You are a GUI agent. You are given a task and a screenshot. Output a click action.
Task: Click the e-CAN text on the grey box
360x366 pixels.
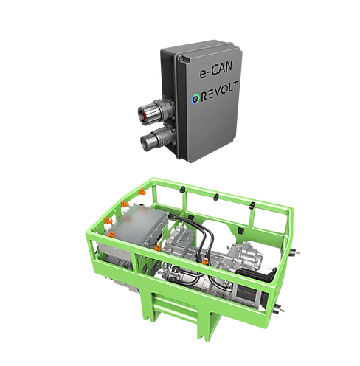tap(216, 70)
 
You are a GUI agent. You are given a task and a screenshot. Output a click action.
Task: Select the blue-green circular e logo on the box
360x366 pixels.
tap(195, 100)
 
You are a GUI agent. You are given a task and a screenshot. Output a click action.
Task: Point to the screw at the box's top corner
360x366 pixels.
tap(181, 58)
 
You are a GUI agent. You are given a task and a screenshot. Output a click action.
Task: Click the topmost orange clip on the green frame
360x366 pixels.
tap(142, 191)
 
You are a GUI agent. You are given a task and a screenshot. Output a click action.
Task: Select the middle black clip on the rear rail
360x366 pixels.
tap(216, 197)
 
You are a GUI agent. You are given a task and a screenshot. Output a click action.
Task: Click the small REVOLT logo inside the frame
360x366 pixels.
tap(183, 238)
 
